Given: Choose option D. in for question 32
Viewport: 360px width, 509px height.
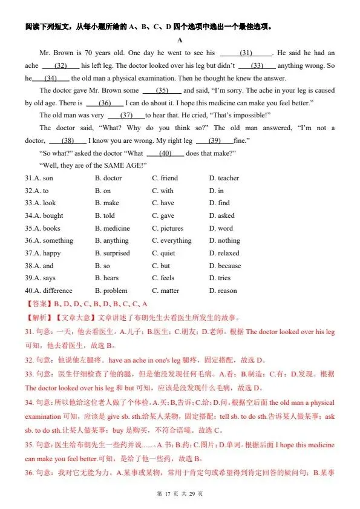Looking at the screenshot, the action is pyautogui.click(x=217, y=191).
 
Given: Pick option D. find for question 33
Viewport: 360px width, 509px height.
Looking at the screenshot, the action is pyautogui.click(x=220, y=203).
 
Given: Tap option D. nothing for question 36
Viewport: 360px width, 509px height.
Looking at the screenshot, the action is pyautogui.click(x=224, y=241).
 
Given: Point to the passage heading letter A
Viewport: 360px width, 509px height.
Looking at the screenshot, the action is pyautogui.click(x=180, y=40).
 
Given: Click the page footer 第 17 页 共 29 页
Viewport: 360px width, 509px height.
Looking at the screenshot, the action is pyautogui.click(x=180, y=494).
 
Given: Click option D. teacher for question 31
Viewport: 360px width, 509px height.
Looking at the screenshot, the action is pyautogui.click(x=224, y=179).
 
